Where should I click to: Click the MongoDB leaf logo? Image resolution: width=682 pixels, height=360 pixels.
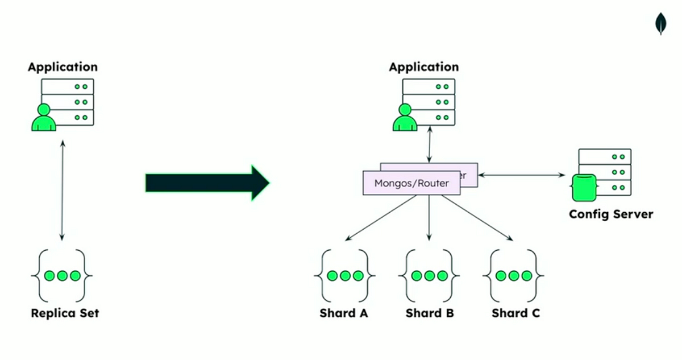(x=660, y=24)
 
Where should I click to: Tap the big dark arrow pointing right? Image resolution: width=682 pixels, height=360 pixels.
(x=207, y=183)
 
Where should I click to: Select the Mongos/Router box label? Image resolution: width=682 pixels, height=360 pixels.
(x=411, y=183)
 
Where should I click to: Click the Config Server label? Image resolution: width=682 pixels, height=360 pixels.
(x=611, y=214)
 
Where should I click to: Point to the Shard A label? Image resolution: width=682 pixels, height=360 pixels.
(x=344, y=313)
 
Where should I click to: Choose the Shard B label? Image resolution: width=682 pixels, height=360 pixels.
(x=430, y=313)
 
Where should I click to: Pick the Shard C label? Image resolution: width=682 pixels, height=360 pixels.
(x=516, y=313)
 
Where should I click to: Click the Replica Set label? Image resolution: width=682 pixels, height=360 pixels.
(x=65, y=313)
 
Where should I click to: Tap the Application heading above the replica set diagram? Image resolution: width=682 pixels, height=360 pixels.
(x=63, y=67)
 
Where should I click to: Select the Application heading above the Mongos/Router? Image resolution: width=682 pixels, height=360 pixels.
(x=424, y=67)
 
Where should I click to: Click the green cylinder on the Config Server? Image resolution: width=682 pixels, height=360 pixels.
(x=584, y=188)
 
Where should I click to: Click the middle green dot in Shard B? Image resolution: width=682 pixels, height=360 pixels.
(x=429, y=276)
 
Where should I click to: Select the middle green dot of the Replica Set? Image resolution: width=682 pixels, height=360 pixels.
(x=62, y=276)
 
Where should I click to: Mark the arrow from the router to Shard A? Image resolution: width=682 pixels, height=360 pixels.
(x=381, y=218)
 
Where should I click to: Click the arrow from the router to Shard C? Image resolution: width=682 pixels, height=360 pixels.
(x=477, y=218)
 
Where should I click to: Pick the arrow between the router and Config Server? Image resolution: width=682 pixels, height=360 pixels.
(x=522, y=175)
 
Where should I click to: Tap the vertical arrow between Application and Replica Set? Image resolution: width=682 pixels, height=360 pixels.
(x=63, y=191)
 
